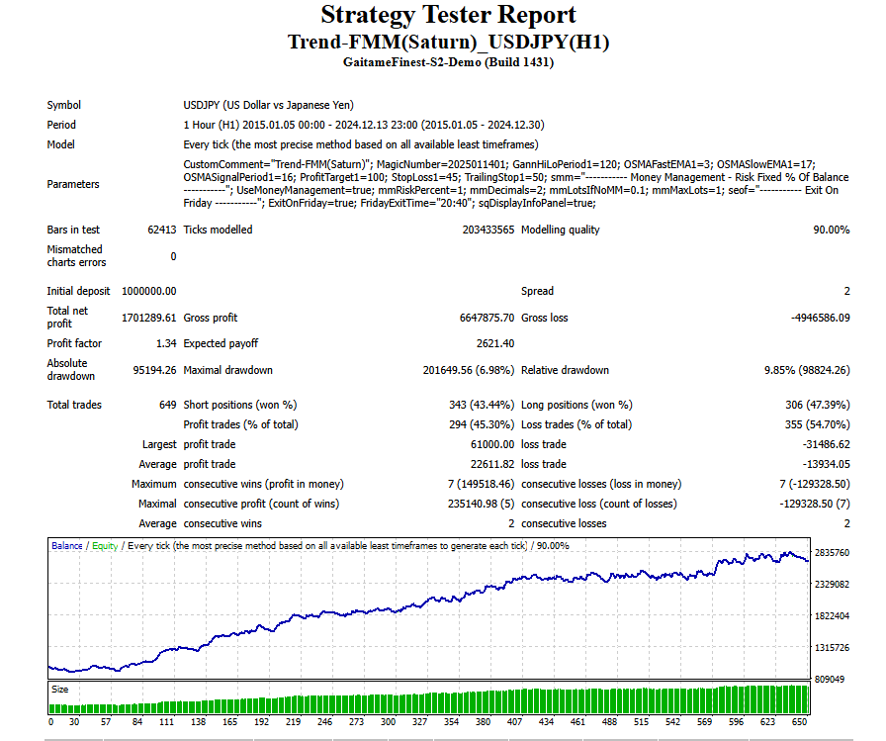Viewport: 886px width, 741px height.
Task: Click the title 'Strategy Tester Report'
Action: (448, 16)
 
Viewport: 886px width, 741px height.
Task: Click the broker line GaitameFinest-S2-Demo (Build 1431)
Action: (448, 61)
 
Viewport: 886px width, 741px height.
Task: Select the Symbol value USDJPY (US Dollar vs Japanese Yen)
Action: (269, 105)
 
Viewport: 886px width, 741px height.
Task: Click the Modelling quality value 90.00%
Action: (831, 230)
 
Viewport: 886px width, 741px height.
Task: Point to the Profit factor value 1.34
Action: (166, 343)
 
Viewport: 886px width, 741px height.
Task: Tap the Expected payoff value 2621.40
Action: (494, 343)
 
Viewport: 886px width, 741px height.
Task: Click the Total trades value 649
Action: (167, 405)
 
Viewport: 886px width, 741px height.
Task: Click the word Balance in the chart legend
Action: (67, 546)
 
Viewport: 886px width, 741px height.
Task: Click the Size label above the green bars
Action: (60, 690)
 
